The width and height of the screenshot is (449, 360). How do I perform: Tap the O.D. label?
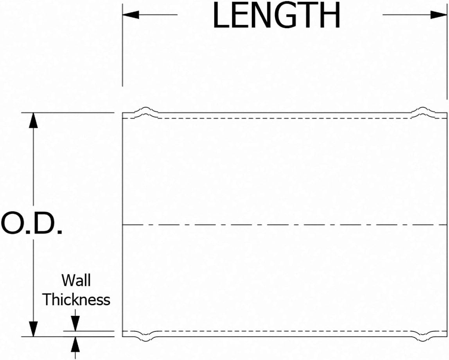32,224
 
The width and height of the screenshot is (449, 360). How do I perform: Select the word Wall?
76,280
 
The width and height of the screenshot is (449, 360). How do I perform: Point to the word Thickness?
76,300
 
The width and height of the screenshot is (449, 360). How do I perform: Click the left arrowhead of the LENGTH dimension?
131,15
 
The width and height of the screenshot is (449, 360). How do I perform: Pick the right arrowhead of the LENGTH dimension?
438,15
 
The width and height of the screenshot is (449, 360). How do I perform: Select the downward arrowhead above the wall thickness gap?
75,323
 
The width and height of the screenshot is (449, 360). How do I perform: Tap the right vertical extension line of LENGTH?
447,59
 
